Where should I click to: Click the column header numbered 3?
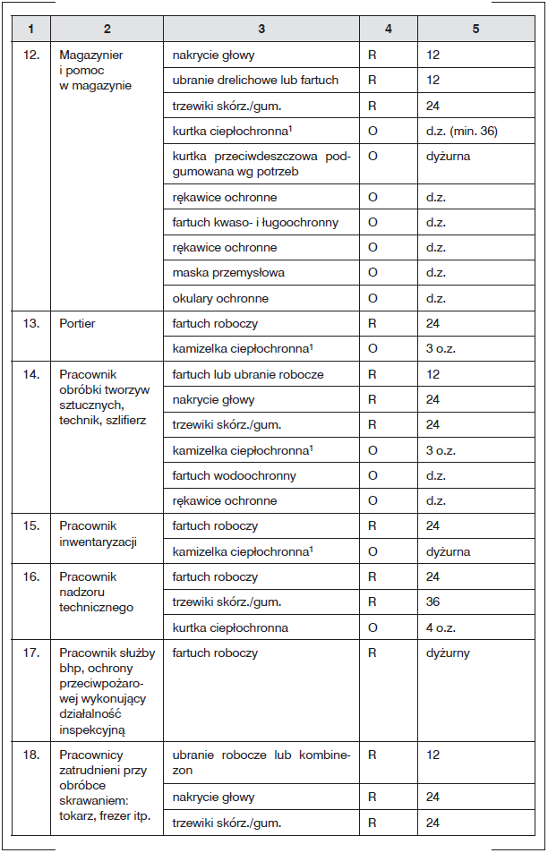[261, 29]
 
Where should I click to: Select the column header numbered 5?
[475, 29]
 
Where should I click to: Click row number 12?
[30, 55]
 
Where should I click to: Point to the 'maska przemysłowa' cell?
[218, 272]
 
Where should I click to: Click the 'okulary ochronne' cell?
[220, 298]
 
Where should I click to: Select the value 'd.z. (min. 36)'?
[461, 131]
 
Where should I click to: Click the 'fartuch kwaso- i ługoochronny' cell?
[255, 222]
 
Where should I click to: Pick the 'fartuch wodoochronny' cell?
[234, 475]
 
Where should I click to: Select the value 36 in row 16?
[433, 602]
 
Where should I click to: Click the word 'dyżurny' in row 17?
[448, 653]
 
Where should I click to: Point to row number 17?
[30, 653]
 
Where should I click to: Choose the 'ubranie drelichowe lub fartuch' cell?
[255, 80]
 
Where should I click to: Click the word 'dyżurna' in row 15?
[448, 551]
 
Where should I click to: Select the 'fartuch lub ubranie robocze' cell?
[248, 374]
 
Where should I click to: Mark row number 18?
[30, 755]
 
